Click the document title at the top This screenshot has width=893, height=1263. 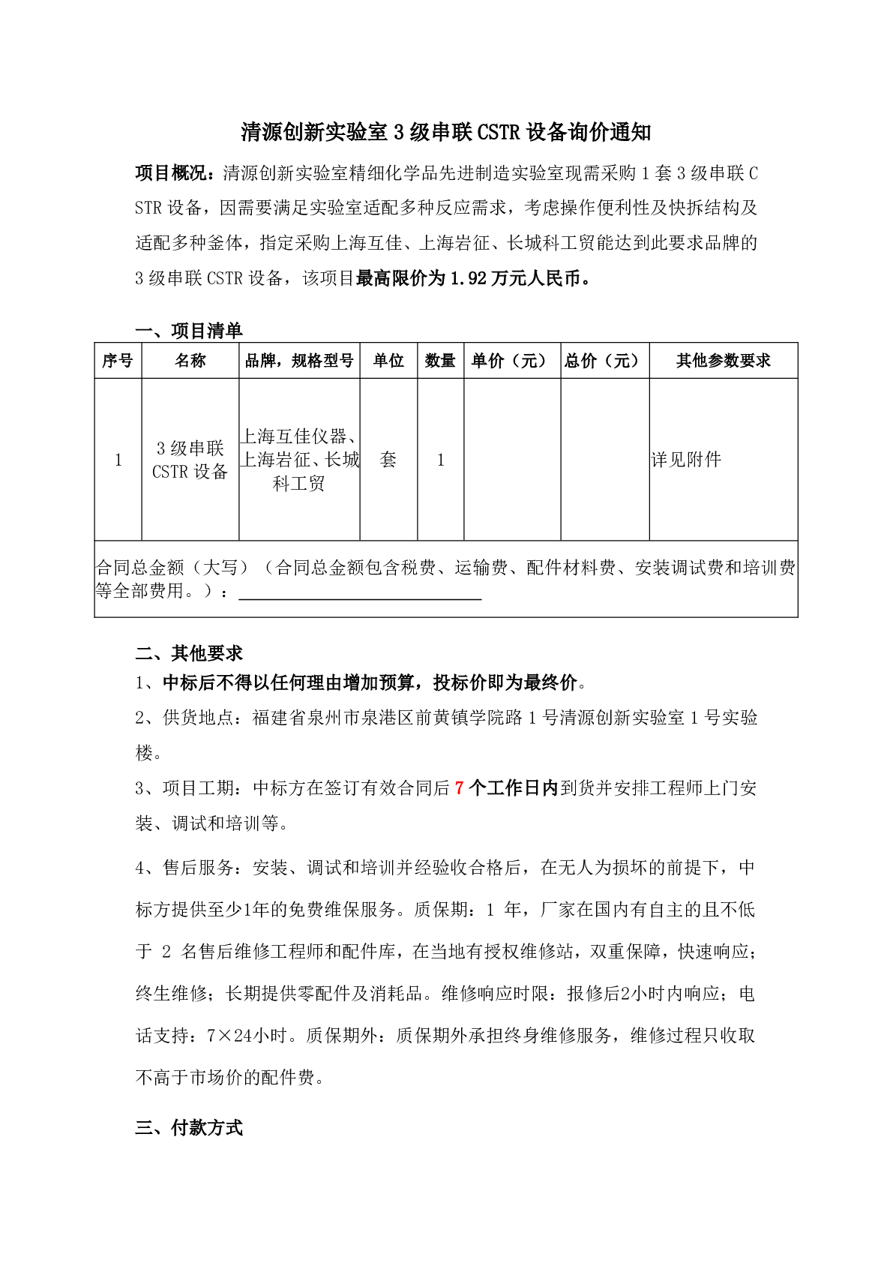[x=445, y=133]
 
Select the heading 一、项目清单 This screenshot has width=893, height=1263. [x=188, y=330]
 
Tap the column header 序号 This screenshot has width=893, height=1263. [x=118, y=361]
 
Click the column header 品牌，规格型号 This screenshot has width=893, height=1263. [x=299, y=361]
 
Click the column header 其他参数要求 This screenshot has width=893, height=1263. [x=723, y=361]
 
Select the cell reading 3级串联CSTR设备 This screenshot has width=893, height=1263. [x=190, y=460]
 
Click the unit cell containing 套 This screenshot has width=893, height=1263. [x=388, y=459]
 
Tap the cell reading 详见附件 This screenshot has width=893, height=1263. [x=686, y=460]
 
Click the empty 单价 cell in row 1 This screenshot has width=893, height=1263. [x=511, y=459]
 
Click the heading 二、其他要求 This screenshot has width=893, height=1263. [x=188, y=653]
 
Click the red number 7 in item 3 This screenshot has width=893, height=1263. [x=460, y=788]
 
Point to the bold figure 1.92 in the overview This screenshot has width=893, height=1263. [x=469, y=278]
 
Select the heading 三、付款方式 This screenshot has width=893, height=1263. [x=188, y=1128]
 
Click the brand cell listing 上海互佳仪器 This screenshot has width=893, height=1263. [x=299, y=459]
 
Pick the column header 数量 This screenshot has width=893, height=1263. [x=440, y=361]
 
